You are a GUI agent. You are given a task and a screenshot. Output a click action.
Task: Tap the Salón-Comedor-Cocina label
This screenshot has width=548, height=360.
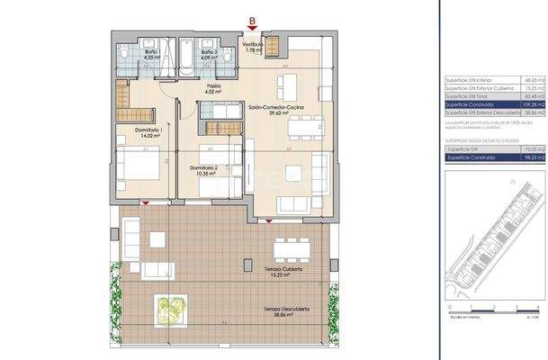tap(275, 111)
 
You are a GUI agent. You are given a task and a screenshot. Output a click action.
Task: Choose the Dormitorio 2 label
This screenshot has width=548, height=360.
tap(206, 167)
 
